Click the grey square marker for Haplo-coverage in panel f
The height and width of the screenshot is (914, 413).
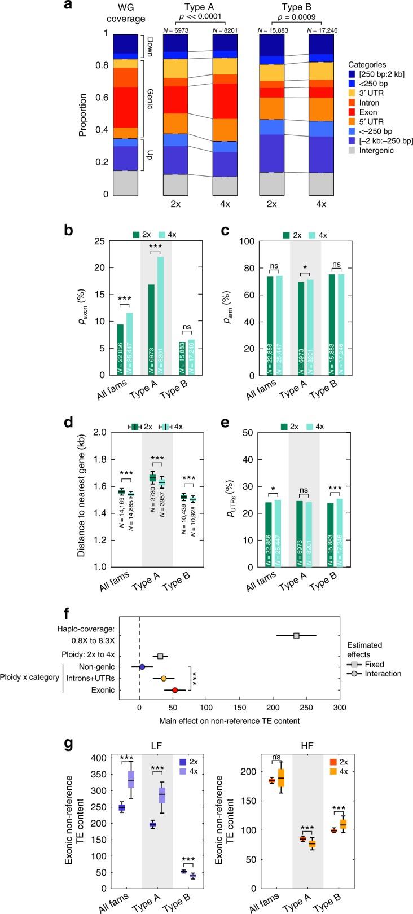click(296, 635)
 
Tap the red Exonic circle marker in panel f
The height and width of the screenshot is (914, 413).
click(175, 689)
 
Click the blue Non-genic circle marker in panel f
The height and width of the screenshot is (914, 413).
click(142, 667)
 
